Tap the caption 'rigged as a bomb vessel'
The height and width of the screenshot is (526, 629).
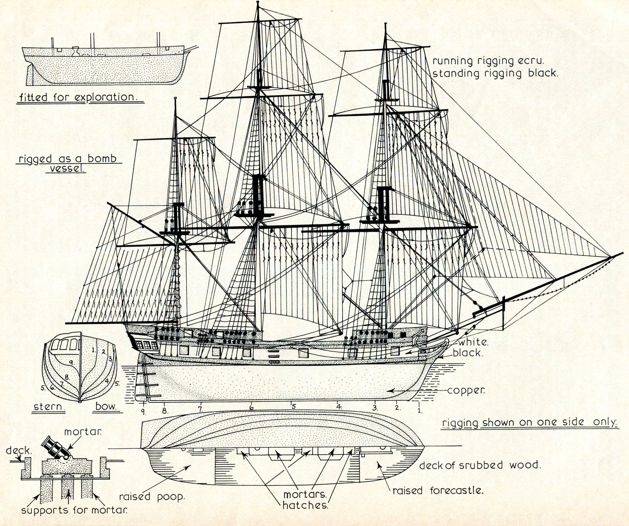pos(68,163)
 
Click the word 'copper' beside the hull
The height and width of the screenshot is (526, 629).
pos(466,391)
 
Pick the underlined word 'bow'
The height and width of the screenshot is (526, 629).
pos(106,407)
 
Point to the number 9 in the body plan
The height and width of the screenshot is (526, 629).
pos(71,362)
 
